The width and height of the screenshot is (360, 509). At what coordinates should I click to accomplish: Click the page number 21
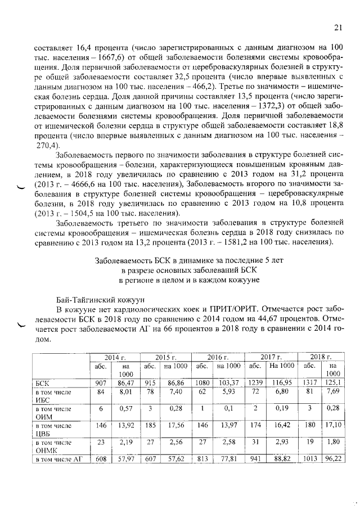click(338, 28)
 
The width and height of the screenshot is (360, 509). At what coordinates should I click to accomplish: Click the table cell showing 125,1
click(334, 382)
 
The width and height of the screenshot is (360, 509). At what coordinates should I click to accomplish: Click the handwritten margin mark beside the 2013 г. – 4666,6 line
click(21, 188)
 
